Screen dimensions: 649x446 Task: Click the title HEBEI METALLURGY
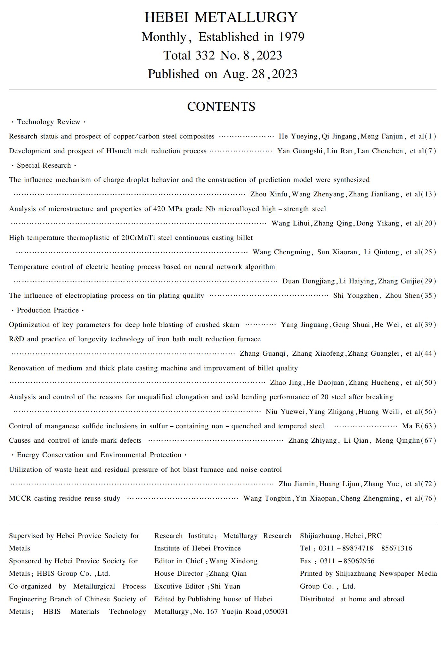coord(221,17)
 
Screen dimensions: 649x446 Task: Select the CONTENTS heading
coord(221,107)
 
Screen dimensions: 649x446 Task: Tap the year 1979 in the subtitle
coord(291,37)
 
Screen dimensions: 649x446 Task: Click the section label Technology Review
coord(48,122)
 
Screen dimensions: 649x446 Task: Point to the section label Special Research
coord(44,165)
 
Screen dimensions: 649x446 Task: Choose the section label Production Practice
coord(48,310)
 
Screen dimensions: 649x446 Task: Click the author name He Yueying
coord(298,136)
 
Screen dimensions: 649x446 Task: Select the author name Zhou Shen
coord(402,296)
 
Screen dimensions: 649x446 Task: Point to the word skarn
coord(231,325)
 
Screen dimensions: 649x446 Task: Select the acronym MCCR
coord(20,498)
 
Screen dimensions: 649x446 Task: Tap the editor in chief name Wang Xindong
coord(233,561)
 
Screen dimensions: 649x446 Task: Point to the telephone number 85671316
coord(397,548)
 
